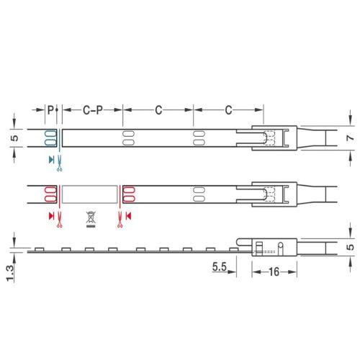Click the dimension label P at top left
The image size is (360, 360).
pyautogui.click(x=50, y=110)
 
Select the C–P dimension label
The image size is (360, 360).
pyautogui.click(x=93, y=110)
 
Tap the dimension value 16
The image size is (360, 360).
pyautogui.click(x=274, y=271)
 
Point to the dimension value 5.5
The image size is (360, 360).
pyautogui.click(x=220, y=266)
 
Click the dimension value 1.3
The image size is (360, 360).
pyautogui.click(x=10, y=273)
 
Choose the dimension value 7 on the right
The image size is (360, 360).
pyautogui.click(x=351, y=138)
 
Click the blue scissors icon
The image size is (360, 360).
pyautogui.click(x=59, y=163)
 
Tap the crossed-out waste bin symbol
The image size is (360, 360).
pyautogui.click(x=91, y=219)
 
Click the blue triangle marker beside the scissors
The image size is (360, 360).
pyautogui.click(x=51, y=160)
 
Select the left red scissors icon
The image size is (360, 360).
pyautogui.click(x=59, y=220)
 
